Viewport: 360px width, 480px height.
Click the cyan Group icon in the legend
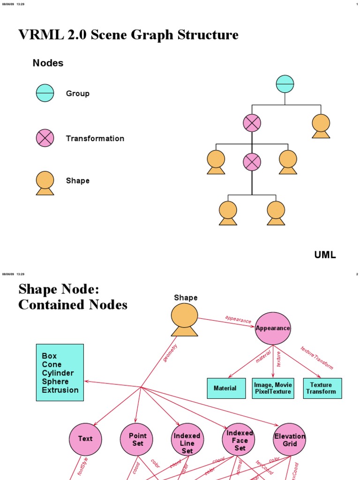(45, 93)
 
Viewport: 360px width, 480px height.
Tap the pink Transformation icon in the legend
(45, 138)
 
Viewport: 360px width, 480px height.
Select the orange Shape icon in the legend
(45, 182)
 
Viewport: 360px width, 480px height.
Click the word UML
(325, 255)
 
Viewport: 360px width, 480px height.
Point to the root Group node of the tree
(285, 84)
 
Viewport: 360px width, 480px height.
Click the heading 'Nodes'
(48, 63)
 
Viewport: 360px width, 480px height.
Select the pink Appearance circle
(273, 328)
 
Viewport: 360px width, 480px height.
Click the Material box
(225, 388)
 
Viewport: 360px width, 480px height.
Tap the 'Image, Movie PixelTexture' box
(273, 388)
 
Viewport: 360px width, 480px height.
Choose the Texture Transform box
(322, 388)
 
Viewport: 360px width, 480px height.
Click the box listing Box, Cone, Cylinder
(60, 373)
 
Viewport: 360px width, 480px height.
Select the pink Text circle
(85, 439)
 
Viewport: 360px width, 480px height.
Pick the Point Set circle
(137, 439)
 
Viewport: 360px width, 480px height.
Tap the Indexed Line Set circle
(187, 439)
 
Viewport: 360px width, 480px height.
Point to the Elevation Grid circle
(290, 439)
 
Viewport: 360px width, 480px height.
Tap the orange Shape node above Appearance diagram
(184, 319)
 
